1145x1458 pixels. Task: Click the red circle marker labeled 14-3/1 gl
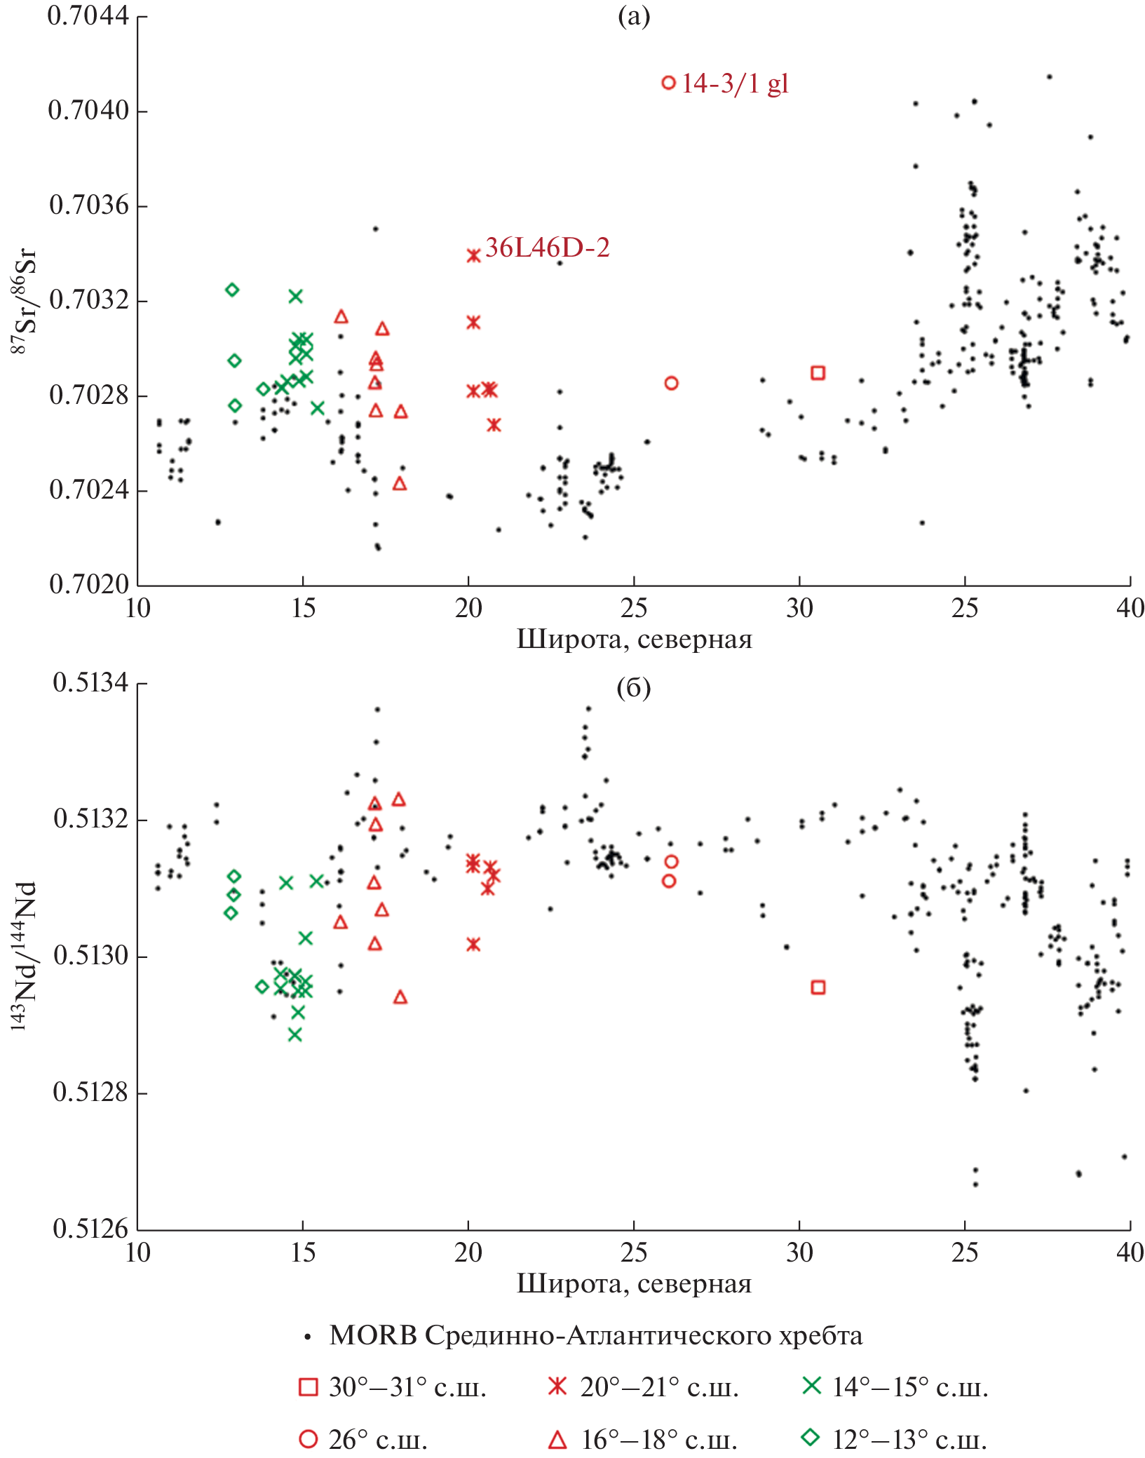[669, 83]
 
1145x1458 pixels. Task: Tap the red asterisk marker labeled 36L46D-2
[474, 256]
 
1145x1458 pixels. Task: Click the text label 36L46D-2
[548, 248]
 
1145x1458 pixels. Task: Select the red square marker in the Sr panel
[818, 373]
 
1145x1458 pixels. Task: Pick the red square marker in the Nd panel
[818, 987]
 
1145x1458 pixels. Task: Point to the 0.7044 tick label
[88, 15]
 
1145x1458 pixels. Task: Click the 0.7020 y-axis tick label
[88, 584]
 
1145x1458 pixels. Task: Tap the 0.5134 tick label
[91, 682]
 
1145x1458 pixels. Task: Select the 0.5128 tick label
[91, 1092]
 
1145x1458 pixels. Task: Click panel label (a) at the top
[634, 15]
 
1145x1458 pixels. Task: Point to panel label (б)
[633, 689]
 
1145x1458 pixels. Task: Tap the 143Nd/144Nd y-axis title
[24, 956]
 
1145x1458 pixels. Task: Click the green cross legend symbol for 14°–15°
[811, 1386]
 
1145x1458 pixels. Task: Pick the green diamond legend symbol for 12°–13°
[811, 1438]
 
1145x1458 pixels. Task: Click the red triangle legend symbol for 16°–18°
[557, 1439]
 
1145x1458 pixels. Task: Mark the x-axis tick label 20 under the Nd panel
[468, 1253]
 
